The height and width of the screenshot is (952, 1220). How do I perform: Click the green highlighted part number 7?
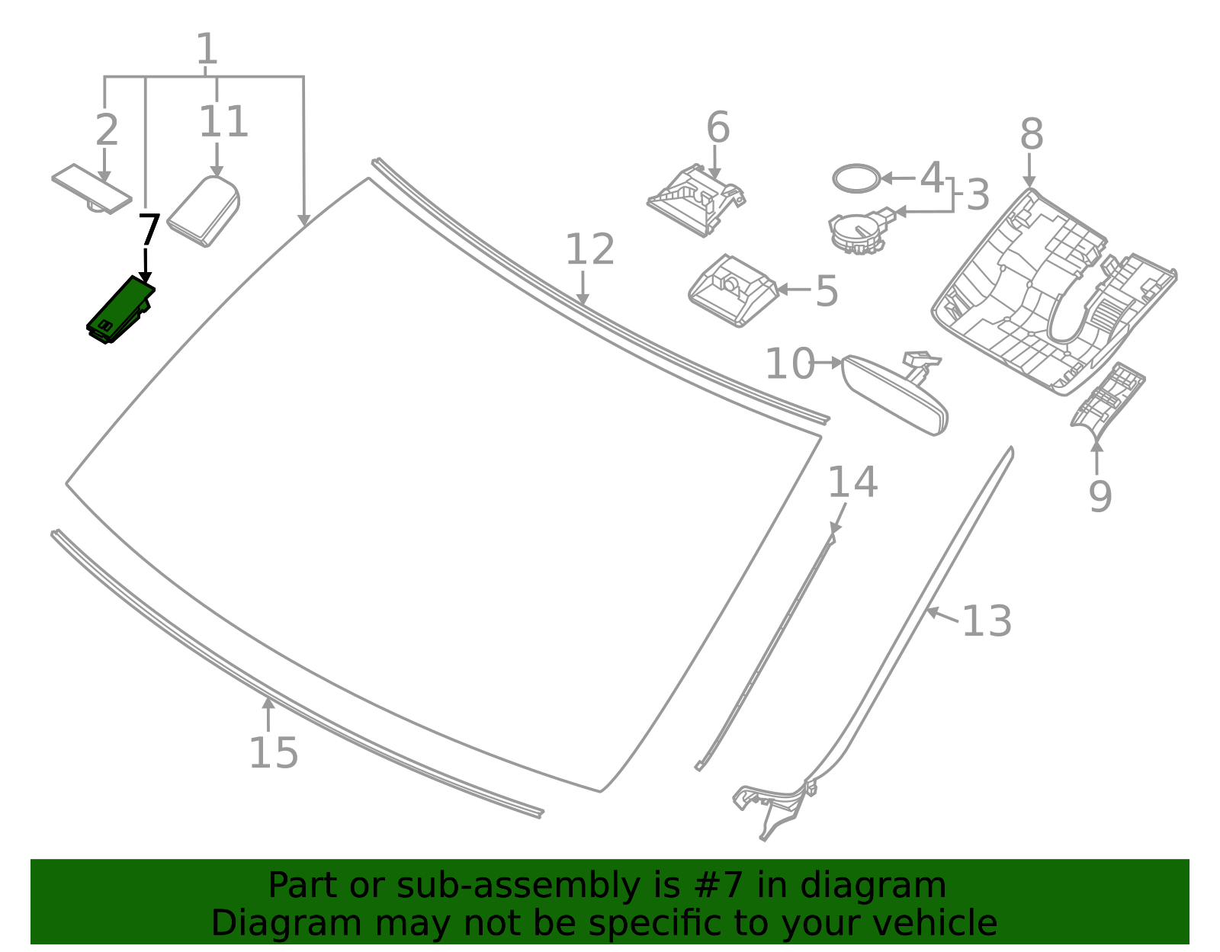coord(120,310)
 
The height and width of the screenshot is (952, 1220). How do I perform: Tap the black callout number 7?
coord(149,230)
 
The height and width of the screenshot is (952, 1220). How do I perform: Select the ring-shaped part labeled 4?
coord(856,178)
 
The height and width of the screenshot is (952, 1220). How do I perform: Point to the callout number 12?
coord(589,250)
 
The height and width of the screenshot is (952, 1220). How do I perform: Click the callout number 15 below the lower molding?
coord(273,753)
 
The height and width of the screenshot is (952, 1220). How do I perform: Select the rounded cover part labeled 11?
coord(204,212)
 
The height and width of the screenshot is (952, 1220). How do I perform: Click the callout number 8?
coord(1031,135)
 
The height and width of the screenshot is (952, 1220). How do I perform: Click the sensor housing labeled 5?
coord(732,290)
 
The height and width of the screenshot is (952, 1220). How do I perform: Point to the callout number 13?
coord(987,621)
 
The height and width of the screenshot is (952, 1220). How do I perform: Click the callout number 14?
coord(852,482)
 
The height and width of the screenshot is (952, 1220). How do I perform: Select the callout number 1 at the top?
coord(207,50)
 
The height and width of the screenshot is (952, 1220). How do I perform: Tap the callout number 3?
coord(978,195)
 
